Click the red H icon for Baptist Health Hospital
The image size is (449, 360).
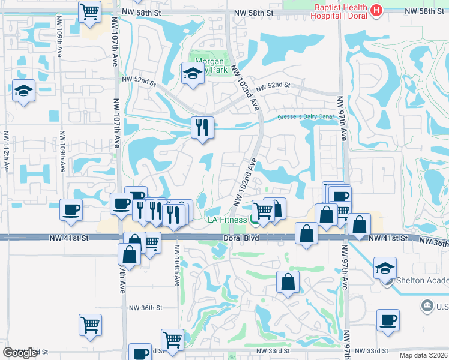[x=376, y=11]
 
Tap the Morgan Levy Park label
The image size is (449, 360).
[x=209, y=65]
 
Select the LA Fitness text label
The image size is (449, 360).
[x=227, y=220]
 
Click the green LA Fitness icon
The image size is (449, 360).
[x=255, y=221]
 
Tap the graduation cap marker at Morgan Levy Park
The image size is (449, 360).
[x=193, y=74]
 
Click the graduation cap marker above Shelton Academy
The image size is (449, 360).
[x=385, y=268]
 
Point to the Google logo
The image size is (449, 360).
[x=20, y=353]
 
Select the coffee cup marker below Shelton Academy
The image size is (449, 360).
[x=388, y=319]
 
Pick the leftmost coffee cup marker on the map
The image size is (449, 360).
[x=71, y=210]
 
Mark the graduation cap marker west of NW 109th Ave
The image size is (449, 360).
[x=24, y=91]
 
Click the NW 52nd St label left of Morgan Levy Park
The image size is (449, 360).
[x=139, y=79]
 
